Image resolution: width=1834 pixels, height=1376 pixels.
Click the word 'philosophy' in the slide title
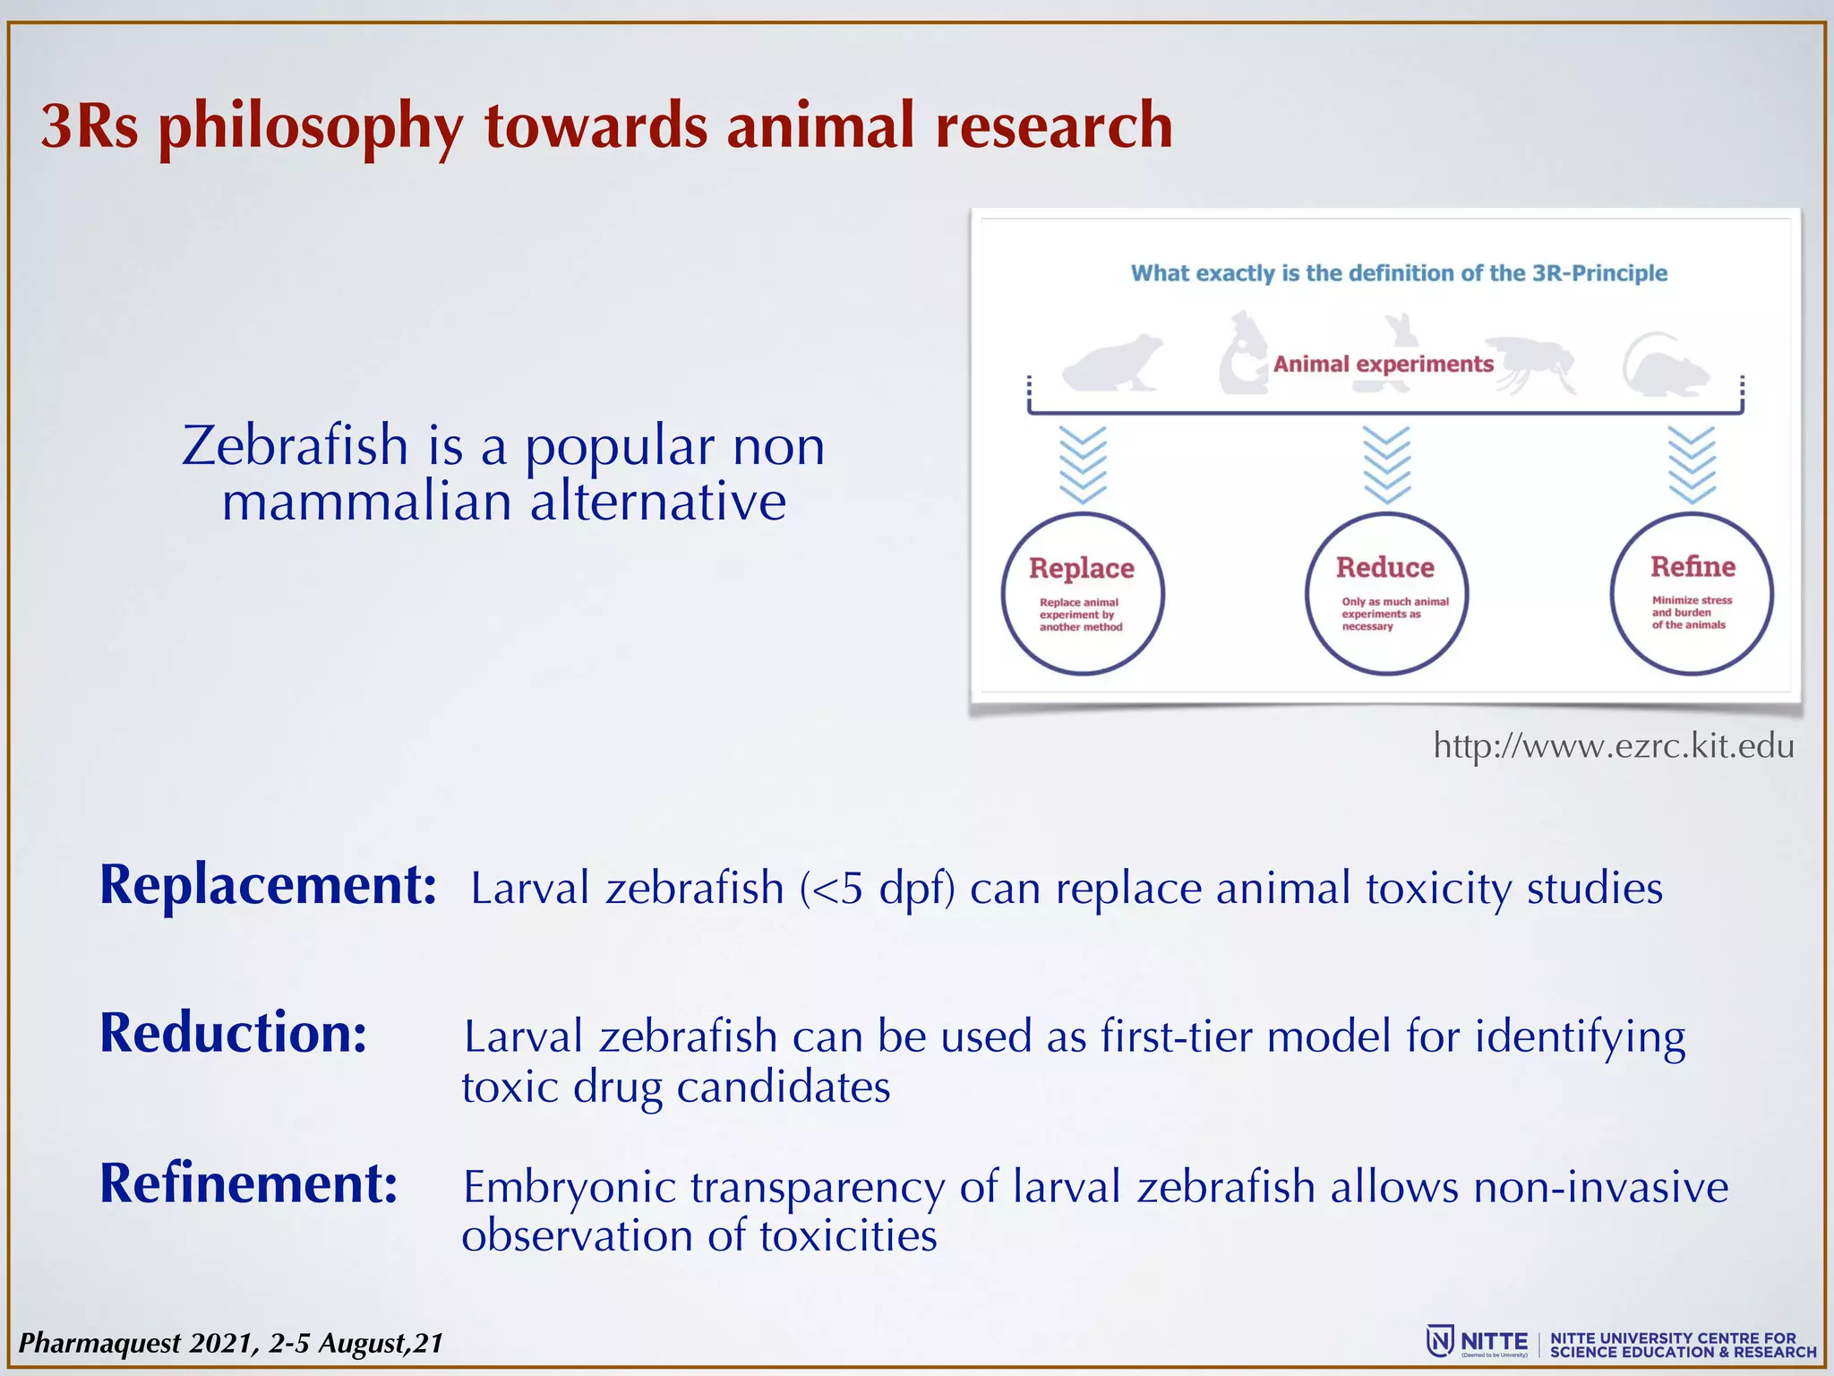[310, 127]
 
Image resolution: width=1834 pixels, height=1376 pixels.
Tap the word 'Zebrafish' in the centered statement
[295, 445]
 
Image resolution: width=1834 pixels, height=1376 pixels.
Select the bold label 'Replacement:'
[268, 885]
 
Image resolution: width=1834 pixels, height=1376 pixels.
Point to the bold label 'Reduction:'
[233, 1033]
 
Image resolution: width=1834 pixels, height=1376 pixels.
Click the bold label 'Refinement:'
[248, 1183]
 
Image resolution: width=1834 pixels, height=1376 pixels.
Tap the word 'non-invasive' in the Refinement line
[1600, 1187]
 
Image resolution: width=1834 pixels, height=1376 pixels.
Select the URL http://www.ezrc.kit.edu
[1613, 746]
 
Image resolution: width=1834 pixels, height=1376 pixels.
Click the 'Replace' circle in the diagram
[1082, 594]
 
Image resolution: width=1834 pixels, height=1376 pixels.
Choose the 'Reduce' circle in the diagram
[1386, 594]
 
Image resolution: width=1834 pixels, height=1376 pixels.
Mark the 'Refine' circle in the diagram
[1692, 594]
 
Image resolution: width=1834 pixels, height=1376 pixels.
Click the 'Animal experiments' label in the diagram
[1383, 364]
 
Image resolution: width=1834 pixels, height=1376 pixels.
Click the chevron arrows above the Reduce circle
[1386, 464]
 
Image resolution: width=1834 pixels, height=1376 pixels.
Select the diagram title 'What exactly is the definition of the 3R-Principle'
[1398, 273]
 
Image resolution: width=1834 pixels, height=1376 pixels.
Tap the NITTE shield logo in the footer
[1440, 1341]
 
